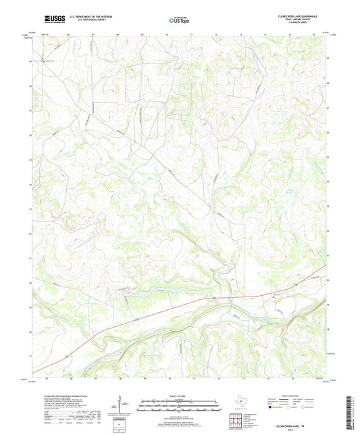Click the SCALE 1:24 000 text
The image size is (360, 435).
point(179,396)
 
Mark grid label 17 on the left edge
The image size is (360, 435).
point(30,356)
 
